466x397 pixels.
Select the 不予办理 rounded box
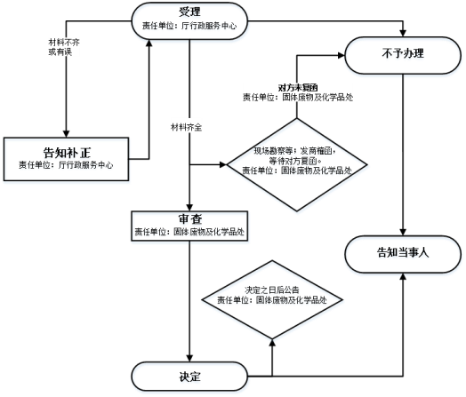tap(404, 57)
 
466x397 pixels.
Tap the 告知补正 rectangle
tap(67, 161)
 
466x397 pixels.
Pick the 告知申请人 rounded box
tap(404, 255)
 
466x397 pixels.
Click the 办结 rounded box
tap(190, 377)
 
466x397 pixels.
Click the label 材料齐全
tap(186, 128)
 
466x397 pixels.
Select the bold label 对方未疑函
tap(298, 87)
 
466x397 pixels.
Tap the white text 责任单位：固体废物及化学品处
tap(298, 97)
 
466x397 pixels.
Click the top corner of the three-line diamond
tap(298, 118)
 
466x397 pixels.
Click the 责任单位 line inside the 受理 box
tap(190, 28)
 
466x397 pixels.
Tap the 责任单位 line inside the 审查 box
tap(189, 233)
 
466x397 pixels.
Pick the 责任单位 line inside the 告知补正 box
tap(67, 167)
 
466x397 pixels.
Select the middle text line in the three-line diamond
tap(298, 163)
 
